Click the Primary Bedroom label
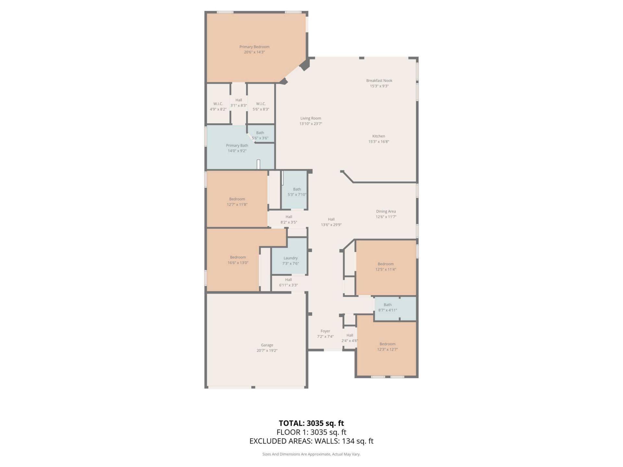pos(254,47)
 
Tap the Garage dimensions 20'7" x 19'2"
pos(267,351)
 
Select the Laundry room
pos(290,260)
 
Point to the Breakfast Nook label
pos(379,80)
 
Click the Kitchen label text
pos(378,136)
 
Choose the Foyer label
pos(325,331)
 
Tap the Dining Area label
pos(386,211)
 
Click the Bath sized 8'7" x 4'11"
pos(387,307)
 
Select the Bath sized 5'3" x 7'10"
pos(297,192)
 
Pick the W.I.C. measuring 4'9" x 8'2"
pos(218,106)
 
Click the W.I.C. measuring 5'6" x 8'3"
pos(261,106)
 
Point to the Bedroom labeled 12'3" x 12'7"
pos(387,347)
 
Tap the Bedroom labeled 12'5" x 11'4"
pos(385,267)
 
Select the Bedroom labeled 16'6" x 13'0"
pos(238,260)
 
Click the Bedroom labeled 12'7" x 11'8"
pos(237,202)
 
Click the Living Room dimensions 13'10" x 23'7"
pos(311,124)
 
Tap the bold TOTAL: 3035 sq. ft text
pos(311,423)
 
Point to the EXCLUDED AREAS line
pos(311,441)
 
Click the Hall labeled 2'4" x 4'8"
pos(349,338)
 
